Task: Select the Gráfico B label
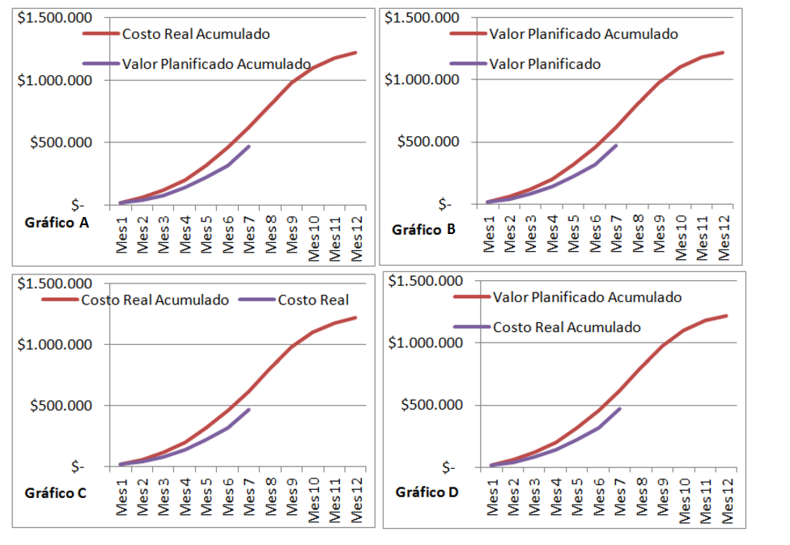coord(424,229)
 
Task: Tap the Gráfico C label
coord(55,492)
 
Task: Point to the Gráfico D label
coord(427,492)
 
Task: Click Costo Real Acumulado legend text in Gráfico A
coord(196,34)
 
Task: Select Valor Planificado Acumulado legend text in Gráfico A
coord(216,64)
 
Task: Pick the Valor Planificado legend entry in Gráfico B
coord(546,63)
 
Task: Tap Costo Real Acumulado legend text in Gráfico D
coord(567,327)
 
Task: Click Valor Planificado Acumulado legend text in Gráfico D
coord(587,297)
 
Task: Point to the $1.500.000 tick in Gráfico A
coord(53,18)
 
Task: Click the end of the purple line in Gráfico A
coord(249,146)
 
